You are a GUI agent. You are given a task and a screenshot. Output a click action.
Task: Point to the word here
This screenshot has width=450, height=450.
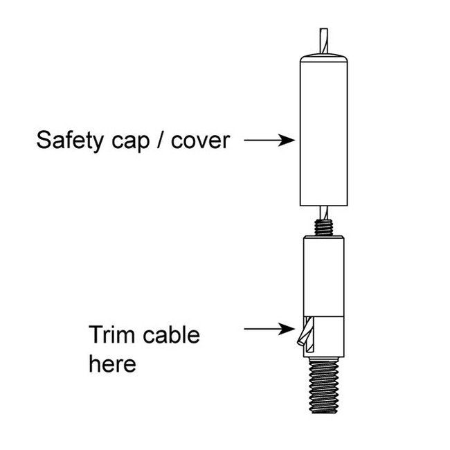point(112,363)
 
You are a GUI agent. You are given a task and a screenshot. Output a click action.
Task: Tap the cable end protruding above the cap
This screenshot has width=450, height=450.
point(323,39)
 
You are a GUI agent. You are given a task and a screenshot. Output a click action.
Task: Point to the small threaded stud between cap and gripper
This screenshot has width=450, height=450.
point(323,226)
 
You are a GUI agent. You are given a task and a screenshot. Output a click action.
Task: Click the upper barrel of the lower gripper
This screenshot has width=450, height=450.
point(323,273)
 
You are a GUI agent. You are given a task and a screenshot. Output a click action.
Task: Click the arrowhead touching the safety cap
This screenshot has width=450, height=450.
point(290,141)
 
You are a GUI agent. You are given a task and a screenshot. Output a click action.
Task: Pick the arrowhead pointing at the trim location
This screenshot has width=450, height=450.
point(290,330)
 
